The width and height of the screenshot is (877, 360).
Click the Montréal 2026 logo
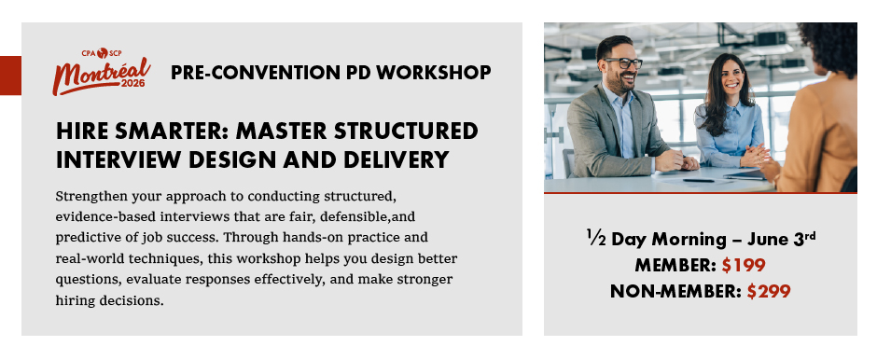coord(102,72)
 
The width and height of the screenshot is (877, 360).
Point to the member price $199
coord(744,265)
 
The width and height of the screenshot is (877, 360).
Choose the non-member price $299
coord(769,291)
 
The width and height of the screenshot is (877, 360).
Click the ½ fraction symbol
coord(596,237)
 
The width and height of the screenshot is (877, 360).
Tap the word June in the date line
coord(772,239)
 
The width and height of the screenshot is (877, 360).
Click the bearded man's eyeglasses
coord(622,63)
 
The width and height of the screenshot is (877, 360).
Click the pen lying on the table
coord(699,181)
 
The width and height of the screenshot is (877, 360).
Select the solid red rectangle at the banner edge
coord(10,76)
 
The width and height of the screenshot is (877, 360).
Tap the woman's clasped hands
coord(755,155)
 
